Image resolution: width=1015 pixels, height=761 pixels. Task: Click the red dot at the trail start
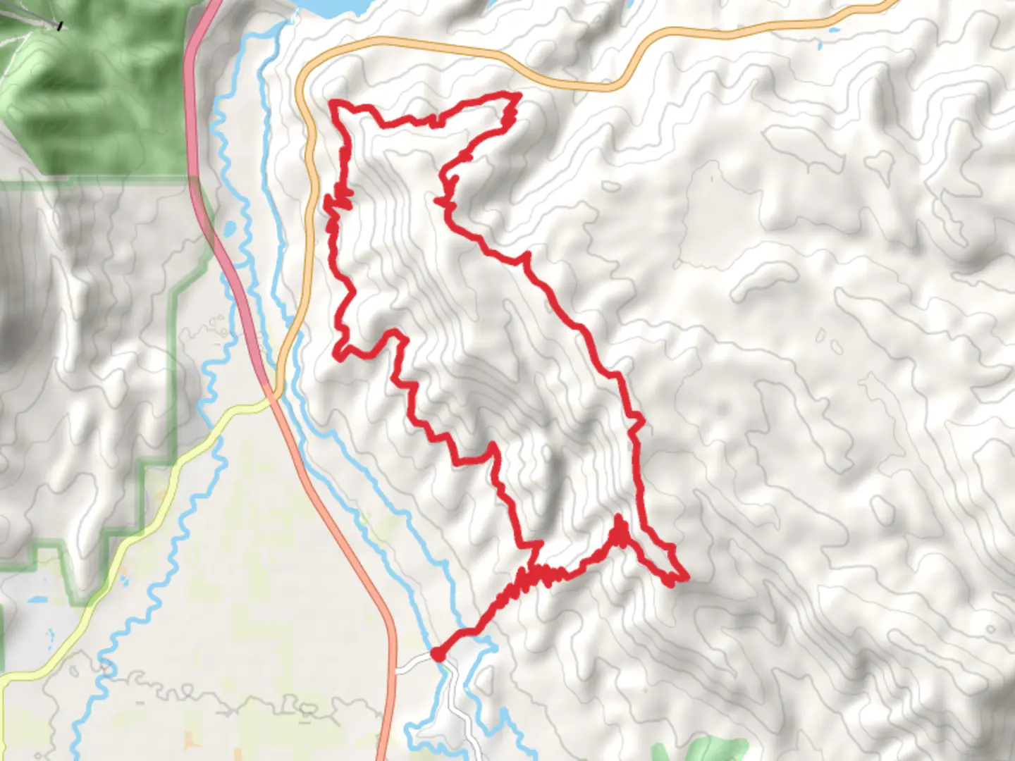coord(438,655)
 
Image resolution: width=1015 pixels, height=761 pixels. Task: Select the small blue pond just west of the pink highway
coord(229,229)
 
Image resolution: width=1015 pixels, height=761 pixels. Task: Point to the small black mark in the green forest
coord(61,26)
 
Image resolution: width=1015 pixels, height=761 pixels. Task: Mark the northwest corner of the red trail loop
coord(333,104)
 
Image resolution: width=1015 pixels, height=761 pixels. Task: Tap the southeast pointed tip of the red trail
coord(685,579)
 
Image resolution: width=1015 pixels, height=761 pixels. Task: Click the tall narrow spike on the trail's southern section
coord(619,520)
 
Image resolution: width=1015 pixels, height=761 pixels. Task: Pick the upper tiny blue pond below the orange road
coord(836,31)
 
